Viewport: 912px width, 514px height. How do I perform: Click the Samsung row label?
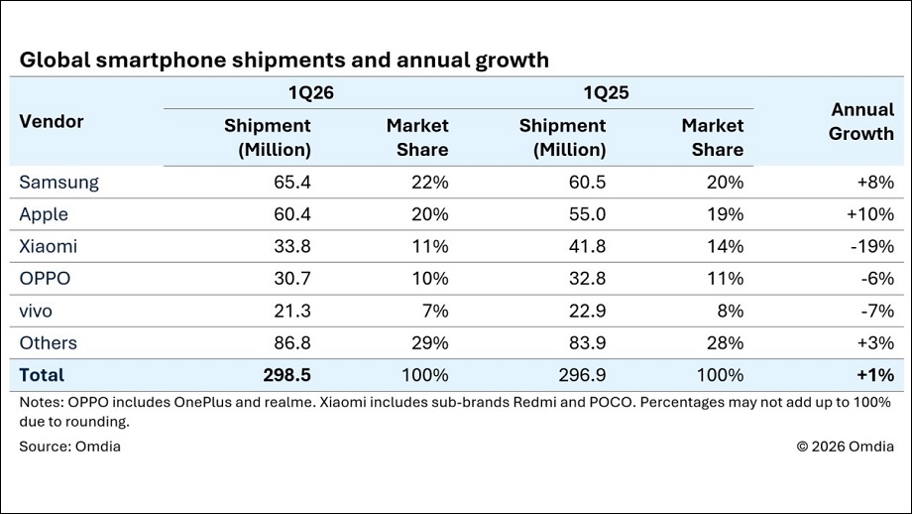pyautogui.click(x=58, y=183)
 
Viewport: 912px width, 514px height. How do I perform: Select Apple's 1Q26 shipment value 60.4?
pyautogui.click(x=292, y=214)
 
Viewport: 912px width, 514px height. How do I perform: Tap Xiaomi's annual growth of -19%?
pyautogui.click(x=872, y=246)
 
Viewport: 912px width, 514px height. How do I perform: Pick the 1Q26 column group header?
pyautogui.click(x=311, y=93)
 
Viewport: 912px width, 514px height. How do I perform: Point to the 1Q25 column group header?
pyautogui.click(x=606, y=93)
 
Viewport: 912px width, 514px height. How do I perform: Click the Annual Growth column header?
pyautogui.click(x=861, y=122)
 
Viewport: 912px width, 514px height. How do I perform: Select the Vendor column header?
pyautogui.click(x=52, y=122)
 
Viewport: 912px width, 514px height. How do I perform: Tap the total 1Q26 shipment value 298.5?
pyautogui.click(x=286, y=375)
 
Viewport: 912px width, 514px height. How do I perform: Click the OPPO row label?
pyautogui.click(x=45, y=278)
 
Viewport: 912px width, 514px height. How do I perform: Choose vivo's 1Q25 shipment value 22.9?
pyautogui.click(x=587, y=311)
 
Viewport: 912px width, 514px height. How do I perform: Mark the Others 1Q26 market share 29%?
pyautogui.click(x=430, y=343)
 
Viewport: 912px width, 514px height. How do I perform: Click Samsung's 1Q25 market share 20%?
pyautogui.click(x=725, y=183)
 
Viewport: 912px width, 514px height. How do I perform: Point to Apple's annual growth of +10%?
pyautogui.click(x=870, y=214)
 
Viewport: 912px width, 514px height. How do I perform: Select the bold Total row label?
pyautogui.click(x=42, y=375)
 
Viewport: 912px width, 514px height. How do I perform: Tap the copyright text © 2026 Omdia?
pyautogui.click(x=846, y=447)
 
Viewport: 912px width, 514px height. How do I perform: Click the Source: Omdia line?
pyautogui.click(x=69, y=447)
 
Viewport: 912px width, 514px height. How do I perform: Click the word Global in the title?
pyautogui.click(x=56, y=60)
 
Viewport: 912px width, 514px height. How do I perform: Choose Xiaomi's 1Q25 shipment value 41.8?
pyautogui.click(x=587, y=246)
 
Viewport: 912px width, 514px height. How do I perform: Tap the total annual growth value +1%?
pyautogui.click(x=875, y=375)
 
